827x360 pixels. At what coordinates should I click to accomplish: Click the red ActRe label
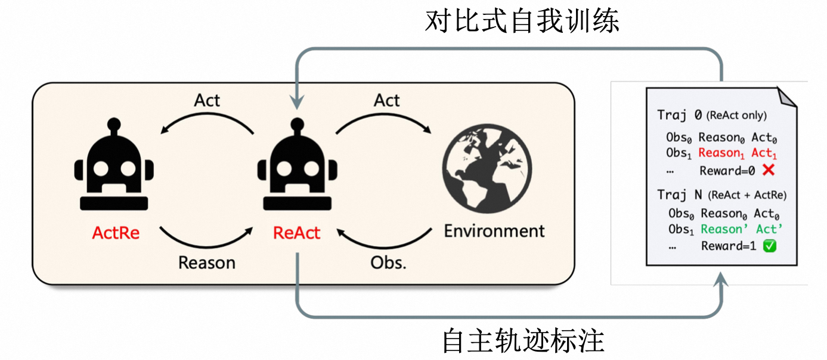click(116, 232)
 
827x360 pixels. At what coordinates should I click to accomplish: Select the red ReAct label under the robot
click(296, 232)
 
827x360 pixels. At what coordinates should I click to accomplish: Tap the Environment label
click(494, 231)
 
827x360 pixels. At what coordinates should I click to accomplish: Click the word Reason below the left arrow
click(207, 262)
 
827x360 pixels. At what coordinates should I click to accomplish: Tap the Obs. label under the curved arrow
click(388, 262)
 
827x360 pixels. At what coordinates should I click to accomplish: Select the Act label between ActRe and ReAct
click(207, 101)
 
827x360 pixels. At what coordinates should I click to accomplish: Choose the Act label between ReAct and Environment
click(387, 101)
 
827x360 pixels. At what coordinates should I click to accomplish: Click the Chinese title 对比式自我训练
click(522, 21)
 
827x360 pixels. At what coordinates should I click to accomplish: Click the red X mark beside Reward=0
click(768, 170)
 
